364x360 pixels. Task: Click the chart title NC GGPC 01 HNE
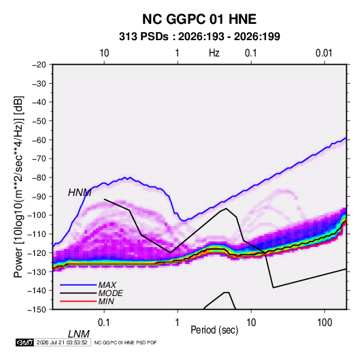pyautogui.click(x=199, y=19)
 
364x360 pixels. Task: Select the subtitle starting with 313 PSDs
pyautogui.click(x=199, y=37)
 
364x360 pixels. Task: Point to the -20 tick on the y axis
pyautogui.click(x=39, y=65)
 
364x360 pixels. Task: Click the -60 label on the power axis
pyautogui.click(x=39, y=140)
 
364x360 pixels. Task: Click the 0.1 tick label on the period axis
pyautogui.click(x=104, y=323)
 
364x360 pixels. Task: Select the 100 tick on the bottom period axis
pyautogui.click(x=325, y=323)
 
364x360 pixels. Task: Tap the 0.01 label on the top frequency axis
pyautogui.click(x=324, y=53)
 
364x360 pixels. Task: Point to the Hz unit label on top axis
pyautogui.click(x=214, y=53)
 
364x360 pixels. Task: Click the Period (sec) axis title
pyautogui.click(x=214, y=330)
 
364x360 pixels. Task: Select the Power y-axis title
pyautogui.click(x=18, y=187)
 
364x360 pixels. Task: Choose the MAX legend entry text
pyautogui.click(x=107, y=285)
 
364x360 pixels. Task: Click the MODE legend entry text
pyautogui.click(x=110, y=293)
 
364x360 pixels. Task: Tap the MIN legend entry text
pyautogui.click(x=106, y=301)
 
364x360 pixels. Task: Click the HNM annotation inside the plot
pyautogui.click(x=80, y=193)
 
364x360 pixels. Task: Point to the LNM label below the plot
pyautogui.click(x=79, y=334)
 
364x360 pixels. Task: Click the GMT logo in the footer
pyautogui.click(x=24, y=342)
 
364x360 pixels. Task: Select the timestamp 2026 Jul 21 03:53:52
pyautogui.click(x=62, y=342)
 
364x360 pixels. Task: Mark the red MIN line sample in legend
pyautogui.click(x=78, y=301)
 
